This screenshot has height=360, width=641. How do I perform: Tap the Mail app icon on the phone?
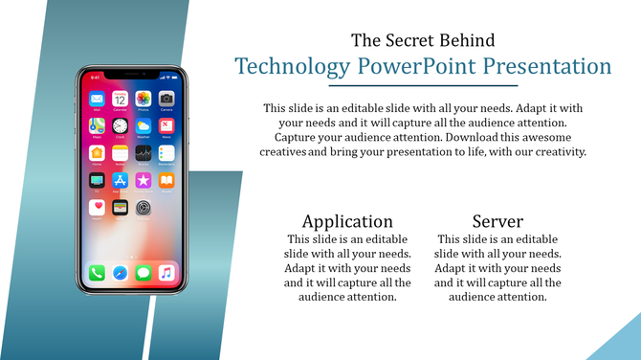click(x=97, y=99)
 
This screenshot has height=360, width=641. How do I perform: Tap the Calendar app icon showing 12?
click(x=120, y=99)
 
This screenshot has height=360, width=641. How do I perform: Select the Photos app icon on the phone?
click(x=143, y=99)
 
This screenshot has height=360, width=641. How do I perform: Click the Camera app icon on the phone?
click(x=166, y=99)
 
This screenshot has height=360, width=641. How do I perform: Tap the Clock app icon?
click(x=120, y=125)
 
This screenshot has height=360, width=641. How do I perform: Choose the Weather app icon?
click(x=143, y=125)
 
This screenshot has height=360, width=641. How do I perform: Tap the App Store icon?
click(x=120, y=180)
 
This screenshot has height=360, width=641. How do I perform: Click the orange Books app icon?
click(x=166, y=180)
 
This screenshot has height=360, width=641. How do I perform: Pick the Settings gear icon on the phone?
click(x=143, y=207)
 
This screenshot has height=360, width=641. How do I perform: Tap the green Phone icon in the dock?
click(x=97, y=274)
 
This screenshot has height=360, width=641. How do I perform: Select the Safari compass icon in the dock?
click(x=120, y=274)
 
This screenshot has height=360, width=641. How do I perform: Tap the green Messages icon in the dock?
click(x=143, y=274)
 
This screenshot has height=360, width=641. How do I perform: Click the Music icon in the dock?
click(x=166, y=274)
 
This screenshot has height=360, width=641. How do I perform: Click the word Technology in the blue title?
click(x=293, y=67)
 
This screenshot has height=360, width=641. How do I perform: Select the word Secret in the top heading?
click(x=413, y=40)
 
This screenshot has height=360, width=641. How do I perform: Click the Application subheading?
click(x=347, y=221)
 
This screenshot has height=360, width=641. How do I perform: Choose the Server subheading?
click(x=497, y=221)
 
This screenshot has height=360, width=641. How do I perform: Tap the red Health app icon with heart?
click(x=97, y=207)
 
